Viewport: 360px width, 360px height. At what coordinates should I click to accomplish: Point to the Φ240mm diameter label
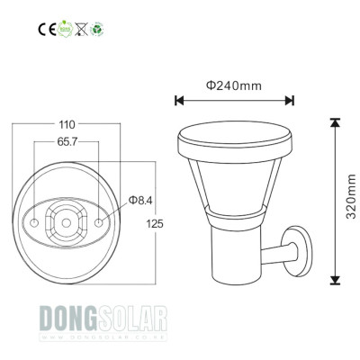[x=233, y=86]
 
